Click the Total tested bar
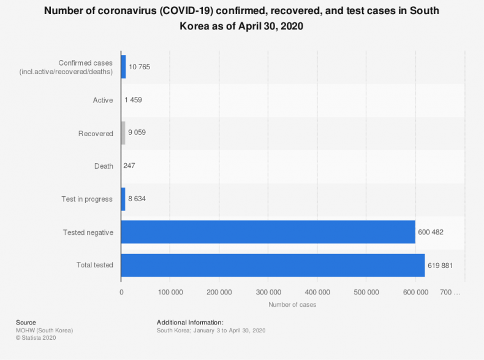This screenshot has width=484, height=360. tap(273, 266)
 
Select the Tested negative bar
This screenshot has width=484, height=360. tap(268, 232)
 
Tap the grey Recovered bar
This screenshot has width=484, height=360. tap(123, 132)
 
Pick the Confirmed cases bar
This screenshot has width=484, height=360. tap(123, 66)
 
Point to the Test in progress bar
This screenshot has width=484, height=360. tap(123, 199)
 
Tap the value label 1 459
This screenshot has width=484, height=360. tap(133, 99)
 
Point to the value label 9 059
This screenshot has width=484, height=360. tap(137, 132)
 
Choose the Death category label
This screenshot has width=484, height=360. tap(104, 166)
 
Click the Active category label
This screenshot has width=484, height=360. tap(103, 100)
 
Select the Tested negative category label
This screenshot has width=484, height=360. tap(88, 232)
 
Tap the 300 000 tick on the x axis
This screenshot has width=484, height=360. tap(268, 292)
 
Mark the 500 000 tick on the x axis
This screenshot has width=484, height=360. tap(366, 292)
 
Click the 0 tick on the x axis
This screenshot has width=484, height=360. tap(121, 292)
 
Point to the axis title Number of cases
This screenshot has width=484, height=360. tap(292, 304)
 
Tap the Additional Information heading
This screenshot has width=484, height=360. tap(190, 322)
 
